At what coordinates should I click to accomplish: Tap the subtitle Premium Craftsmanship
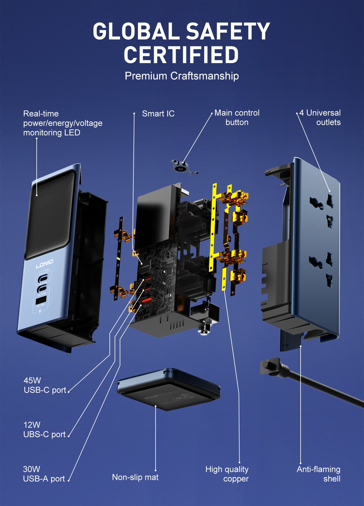tap(182, 76)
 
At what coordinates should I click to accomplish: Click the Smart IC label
tap(158, 114)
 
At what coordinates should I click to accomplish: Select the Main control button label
tap(237, 117)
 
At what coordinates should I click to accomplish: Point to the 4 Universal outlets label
tap(320, 117)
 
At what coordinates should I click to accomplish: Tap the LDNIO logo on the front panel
tap(44, 264)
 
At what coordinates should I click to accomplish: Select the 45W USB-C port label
tap(45, 385)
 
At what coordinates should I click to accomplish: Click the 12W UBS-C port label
tap(44, 430)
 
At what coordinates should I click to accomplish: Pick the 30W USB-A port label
tap(44, 474)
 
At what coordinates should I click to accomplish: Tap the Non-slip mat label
tap(135, 477)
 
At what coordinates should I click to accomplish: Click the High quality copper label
tap(227, 474)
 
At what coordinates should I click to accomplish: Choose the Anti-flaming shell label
tap(318, 474)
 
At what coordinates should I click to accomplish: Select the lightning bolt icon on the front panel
tap(40, 311)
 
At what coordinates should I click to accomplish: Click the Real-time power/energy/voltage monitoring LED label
tap(63, 123)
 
